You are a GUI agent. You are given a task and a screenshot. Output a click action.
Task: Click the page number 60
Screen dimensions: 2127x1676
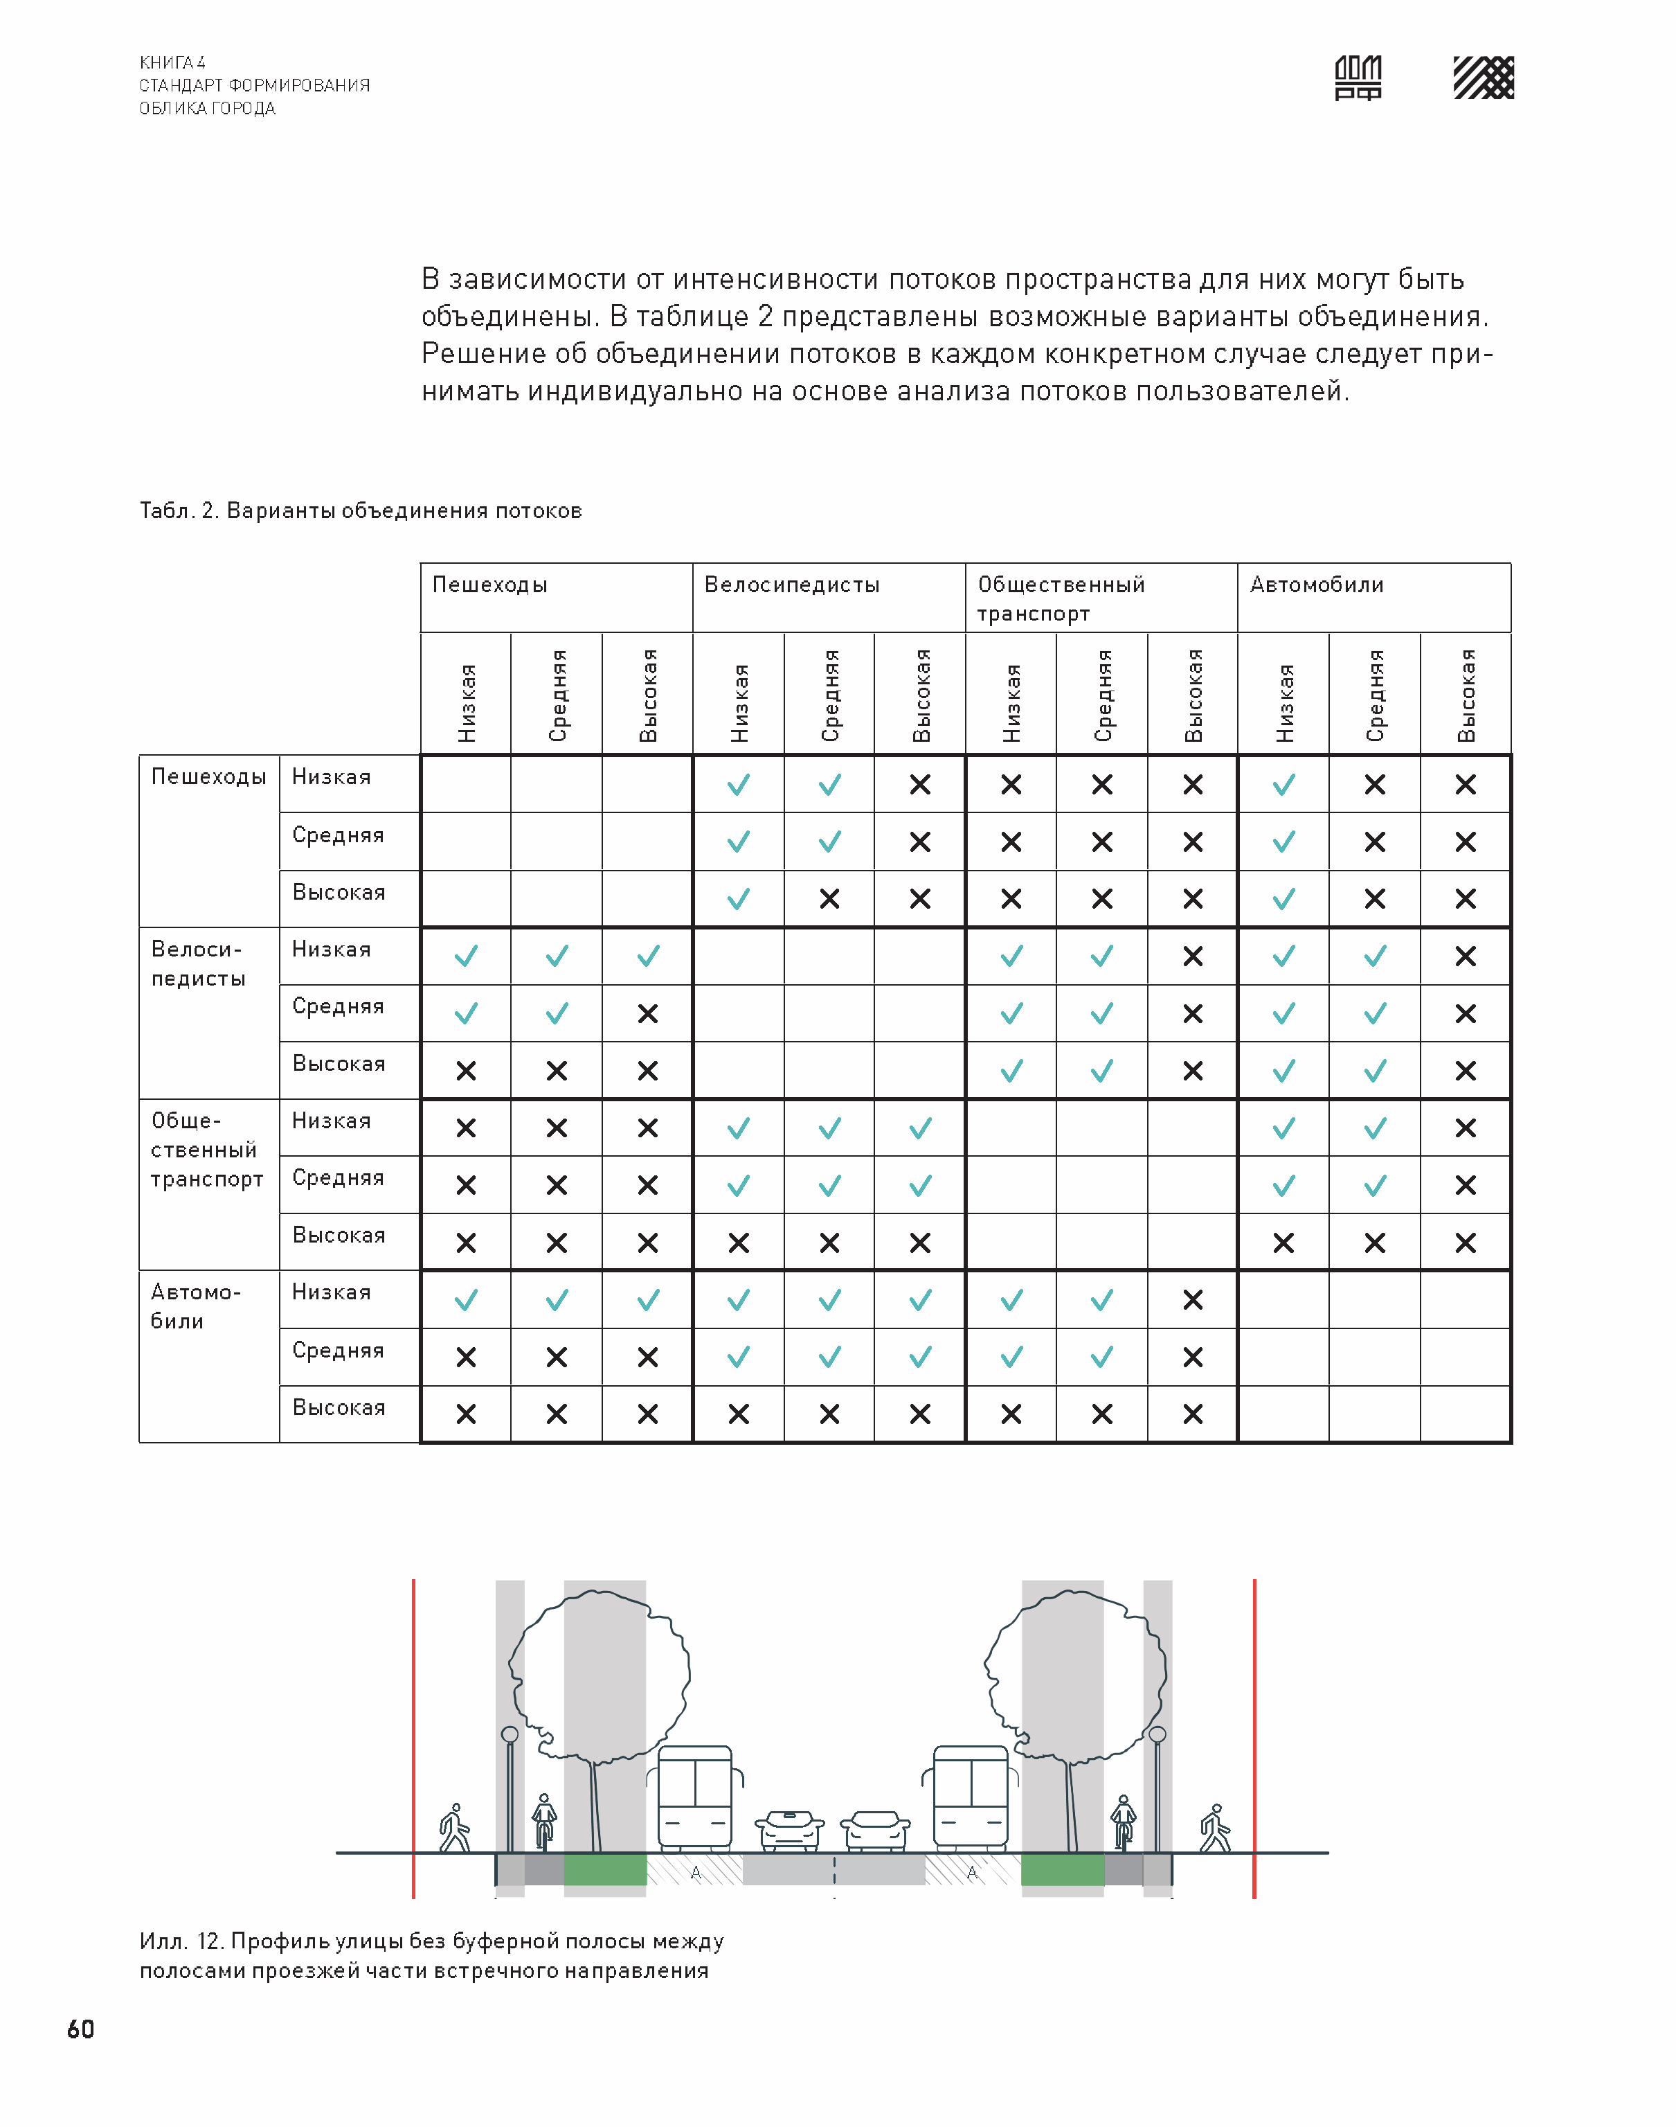tap(80, 2029)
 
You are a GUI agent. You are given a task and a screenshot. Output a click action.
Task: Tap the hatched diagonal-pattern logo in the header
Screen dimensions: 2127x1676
tap(1483, 78)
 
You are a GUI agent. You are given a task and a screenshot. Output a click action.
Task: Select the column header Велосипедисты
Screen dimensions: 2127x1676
tap(792, 585)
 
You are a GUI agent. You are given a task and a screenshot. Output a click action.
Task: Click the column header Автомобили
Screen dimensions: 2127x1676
tap(1316, 585)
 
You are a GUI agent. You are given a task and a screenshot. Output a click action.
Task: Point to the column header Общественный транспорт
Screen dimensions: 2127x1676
tap(1060, 598)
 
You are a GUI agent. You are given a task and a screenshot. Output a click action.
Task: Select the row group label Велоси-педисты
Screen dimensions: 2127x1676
tap(198, 964)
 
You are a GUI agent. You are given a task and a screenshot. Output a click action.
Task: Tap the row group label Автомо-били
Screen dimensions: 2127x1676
tap(195, 1306)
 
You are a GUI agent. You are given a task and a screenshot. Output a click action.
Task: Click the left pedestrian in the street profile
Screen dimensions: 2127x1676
tap(454, 1828)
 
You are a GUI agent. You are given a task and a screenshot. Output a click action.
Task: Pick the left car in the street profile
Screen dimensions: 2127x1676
tap(789, 1830)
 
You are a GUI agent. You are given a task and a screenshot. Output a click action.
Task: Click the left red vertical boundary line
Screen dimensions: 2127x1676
tap(414, 1737)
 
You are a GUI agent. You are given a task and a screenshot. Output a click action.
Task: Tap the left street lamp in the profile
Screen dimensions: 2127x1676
tap(510, 1791)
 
